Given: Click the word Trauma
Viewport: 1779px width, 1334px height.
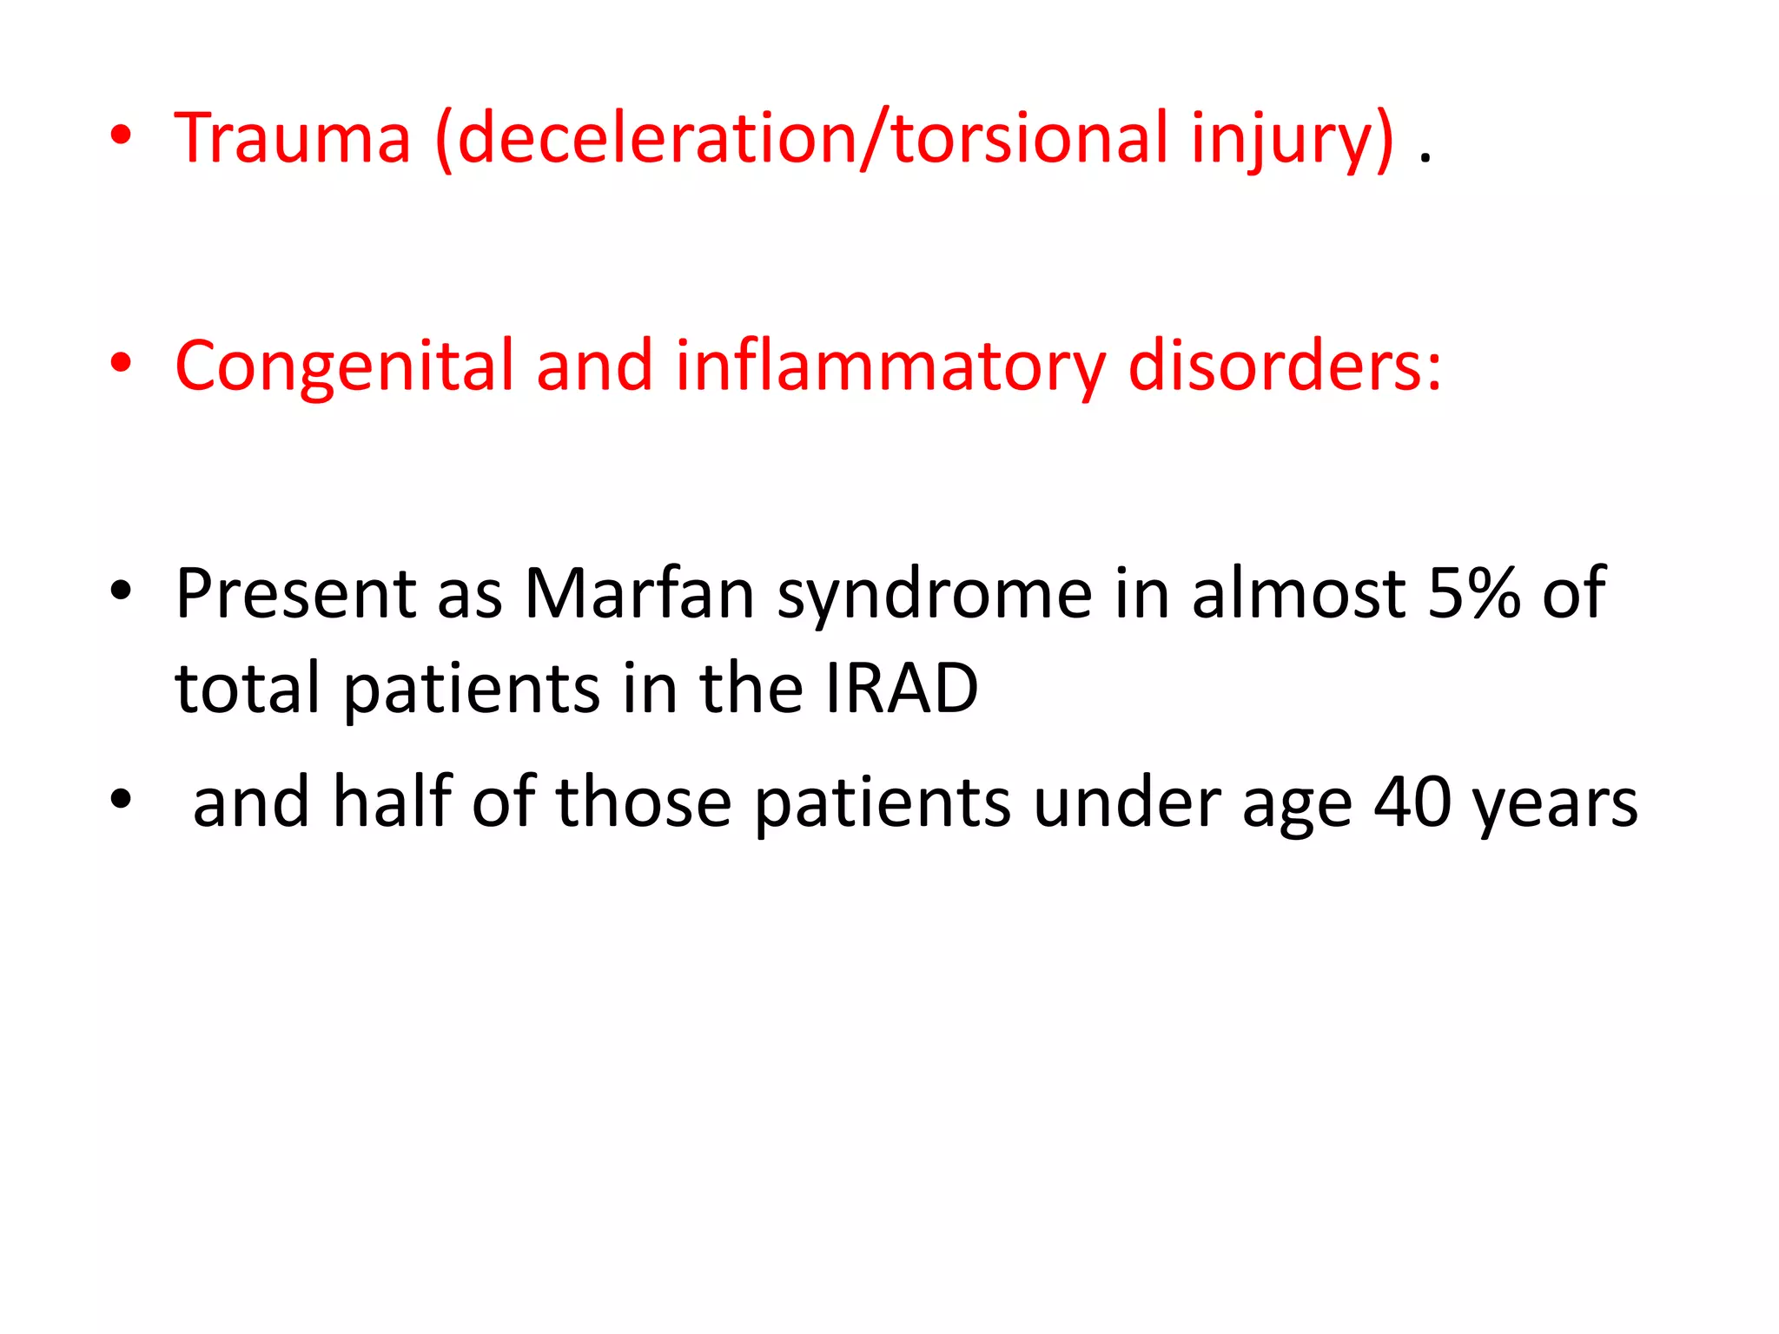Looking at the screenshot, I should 292,139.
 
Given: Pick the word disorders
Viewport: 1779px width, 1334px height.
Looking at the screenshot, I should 1284,366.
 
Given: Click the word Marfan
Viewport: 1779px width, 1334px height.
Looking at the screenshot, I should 639,594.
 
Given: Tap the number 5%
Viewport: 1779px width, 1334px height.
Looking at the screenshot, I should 1474,594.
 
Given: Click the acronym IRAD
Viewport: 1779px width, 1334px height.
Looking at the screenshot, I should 902,689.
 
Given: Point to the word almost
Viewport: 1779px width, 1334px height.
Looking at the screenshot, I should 1299,594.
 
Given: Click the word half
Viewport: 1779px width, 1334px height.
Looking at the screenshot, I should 392,802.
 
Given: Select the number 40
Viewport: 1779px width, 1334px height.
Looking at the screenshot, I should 1412,802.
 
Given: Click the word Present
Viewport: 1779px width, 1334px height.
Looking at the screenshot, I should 295,594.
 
